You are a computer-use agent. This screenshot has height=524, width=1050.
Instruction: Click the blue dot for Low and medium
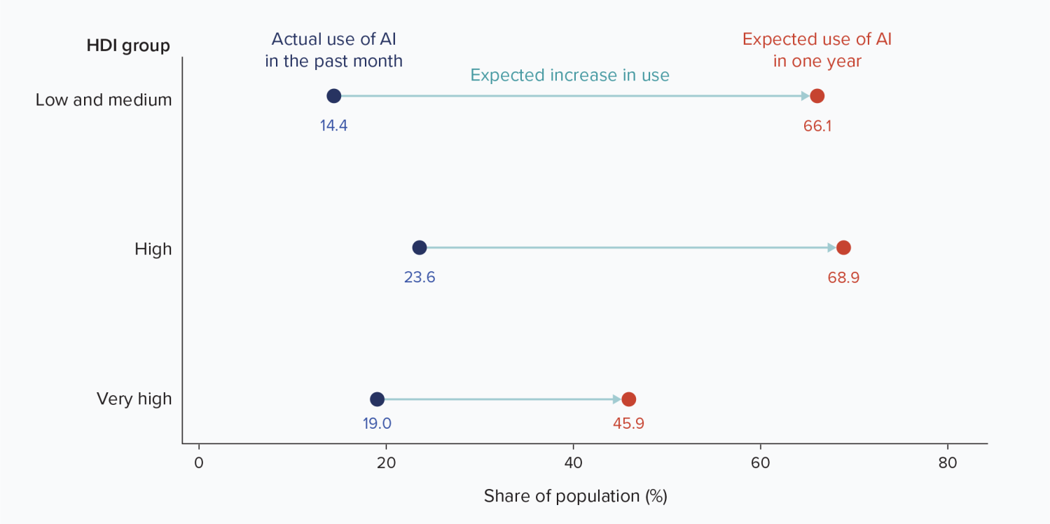pos(333,96)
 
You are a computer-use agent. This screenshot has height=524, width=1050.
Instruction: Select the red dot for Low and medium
pos(817,96)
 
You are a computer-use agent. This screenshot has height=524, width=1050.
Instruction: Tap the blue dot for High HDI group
pos(420,247)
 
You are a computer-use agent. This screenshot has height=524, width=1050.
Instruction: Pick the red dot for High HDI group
pos(843,247)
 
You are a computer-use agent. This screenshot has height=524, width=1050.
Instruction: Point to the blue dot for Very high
pos(377,399)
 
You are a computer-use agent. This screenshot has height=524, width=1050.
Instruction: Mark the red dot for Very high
pos(628,399)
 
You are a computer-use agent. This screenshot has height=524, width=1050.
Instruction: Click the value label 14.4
pos(333,126)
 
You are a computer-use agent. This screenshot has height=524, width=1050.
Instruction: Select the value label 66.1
pos(817,126)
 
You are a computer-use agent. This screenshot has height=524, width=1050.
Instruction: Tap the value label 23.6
pos(420,277)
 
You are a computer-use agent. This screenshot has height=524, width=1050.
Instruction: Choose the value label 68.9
pos(843,277)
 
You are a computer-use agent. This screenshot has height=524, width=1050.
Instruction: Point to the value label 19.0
pos(377,424)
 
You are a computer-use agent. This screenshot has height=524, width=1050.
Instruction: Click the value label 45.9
pos(628,424)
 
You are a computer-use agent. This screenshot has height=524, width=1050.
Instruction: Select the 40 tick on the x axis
pos(573,463)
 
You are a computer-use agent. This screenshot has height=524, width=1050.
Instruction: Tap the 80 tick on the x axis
pos(948,463)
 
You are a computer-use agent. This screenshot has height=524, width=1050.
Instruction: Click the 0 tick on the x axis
pos(199,463)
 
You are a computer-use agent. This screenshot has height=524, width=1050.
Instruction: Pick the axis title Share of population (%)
pos(575,497)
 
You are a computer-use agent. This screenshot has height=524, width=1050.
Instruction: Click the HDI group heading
pos(128,46)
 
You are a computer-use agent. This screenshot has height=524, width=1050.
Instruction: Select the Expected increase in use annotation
pos(569,75)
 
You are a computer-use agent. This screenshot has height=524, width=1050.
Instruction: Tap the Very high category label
pos(134,399)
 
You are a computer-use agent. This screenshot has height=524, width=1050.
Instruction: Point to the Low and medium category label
pos(104,99)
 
